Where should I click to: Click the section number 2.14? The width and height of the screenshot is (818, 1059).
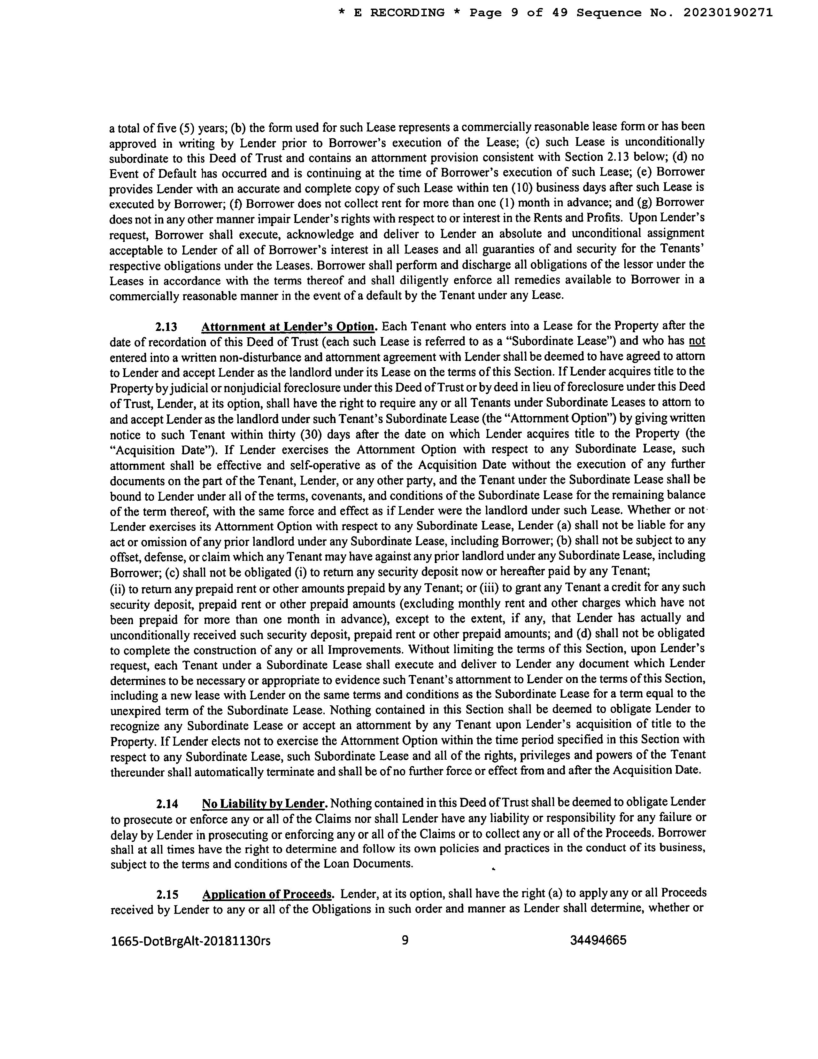[167, 804]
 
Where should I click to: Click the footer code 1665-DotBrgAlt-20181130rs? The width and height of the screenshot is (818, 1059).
[190, 941]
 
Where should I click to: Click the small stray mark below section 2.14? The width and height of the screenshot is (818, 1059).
[493, 869]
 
